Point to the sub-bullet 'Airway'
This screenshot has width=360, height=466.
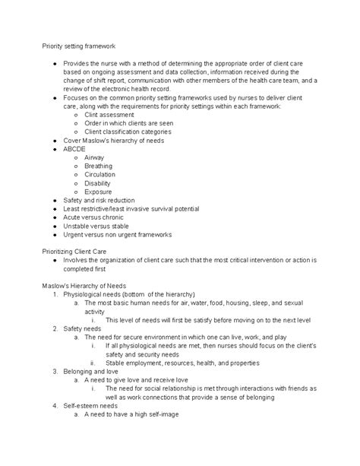tap(95, 157)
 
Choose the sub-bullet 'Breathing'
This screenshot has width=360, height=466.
tap(99, 166)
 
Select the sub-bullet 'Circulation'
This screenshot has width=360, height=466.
tap(100, 174)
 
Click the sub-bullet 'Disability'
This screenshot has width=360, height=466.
tap(99, 183)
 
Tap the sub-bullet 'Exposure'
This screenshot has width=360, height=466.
tap(99, 192)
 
